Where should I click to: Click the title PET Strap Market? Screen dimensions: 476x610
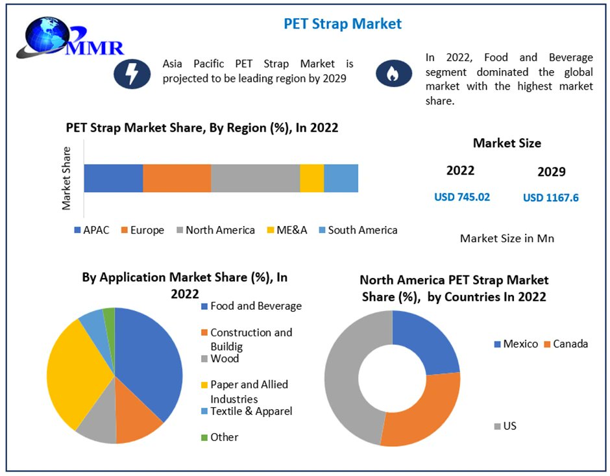coord(343,24)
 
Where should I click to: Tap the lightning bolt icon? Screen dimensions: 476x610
coord(132,73)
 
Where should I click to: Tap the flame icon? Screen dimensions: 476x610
coord(393,73)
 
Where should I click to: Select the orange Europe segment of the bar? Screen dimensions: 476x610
coord(177,178)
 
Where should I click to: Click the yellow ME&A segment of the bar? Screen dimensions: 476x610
coord(311,178)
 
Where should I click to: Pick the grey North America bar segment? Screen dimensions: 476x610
coord(255,178)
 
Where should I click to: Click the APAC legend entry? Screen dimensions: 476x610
coord(91,230)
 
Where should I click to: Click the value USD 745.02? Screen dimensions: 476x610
coord(462,197)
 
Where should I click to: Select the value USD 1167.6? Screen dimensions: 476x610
coord(551,197)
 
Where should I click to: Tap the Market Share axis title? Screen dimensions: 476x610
coord(67,178)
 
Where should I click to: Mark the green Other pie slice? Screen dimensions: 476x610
coord(109,316)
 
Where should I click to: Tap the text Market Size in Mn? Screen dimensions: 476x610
coord(507,238)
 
